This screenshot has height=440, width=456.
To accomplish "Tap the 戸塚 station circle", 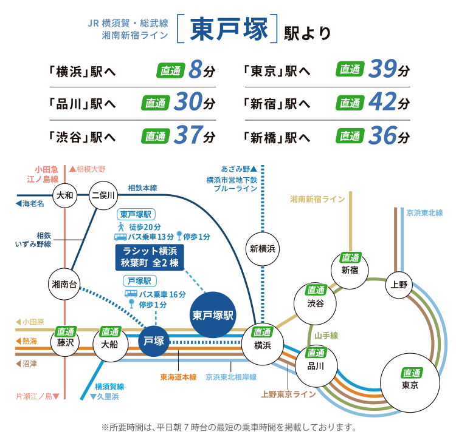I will click(x=154, y=340).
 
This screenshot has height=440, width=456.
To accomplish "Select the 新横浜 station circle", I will click(x=263, y=248).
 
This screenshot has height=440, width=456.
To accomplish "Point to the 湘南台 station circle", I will click(x=64, y=284).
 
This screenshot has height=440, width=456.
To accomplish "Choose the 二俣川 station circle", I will click(x=103, y=195).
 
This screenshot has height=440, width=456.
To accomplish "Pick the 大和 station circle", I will click(x=64, y=195).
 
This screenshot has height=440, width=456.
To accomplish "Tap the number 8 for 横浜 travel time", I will click(x=195, y=70).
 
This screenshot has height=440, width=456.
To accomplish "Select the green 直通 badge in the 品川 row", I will click(x=155, y=103).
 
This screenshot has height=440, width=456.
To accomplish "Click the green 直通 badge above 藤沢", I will click(x=65, y=331).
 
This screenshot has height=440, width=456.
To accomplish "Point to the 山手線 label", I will click(x=326, y=335).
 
